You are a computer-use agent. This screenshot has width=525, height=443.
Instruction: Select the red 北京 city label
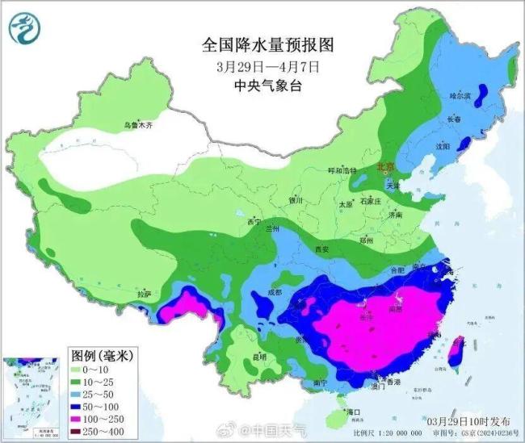(x=387, y=167)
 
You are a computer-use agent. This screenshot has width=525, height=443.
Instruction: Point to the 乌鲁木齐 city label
(x=137, y=125)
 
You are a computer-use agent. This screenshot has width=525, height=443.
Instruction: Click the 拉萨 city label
(x=144, y=294)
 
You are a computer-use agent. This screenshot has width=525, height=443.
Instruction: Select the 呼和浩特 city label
(x=341, y=171)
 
